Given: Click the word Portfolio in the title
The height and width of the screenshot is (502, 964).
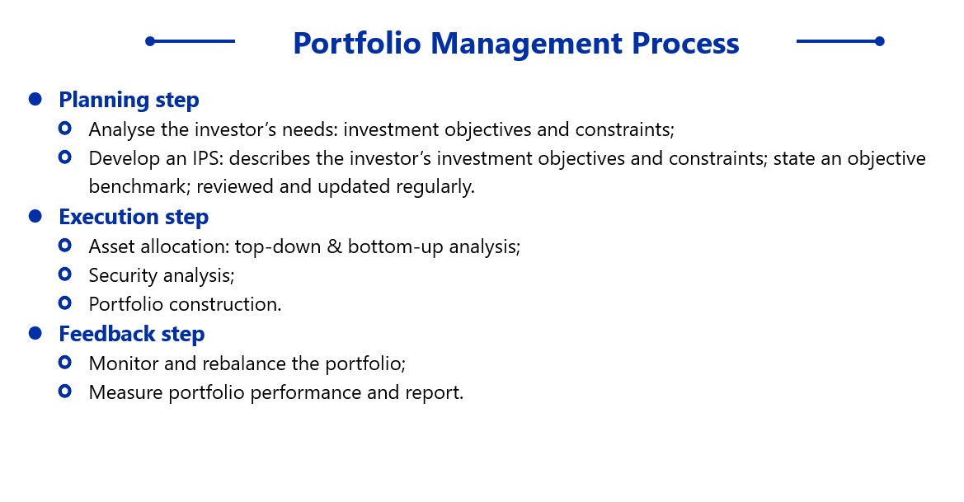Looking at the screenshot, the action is [356, 43].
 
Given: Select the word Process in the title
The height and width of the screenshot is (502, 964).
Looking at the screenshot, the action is [685, 43].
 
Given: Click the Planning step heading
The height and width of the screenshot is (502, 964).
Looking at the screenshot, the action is [129, 101].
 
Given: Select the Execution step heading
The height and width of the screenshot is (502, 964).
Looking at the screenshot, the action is [134, 217].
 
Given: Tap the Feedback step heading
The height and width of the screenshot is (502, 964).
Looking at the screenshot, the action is [132, 334].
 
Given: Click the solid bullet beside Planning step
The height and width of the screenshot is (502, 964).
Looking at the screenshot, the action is [35, 99].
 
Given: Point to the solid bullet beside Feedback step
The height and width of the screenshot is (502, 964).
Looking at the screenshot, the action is [35, 333].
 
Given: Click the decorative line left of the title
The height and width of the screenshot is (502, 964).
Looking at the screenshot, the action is [190, 41].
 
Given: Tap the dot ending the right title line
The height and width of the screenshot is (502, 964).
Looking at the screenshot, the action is [880, 41].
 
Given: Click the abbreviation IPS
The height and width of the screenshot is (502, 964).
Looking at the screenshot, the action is [208, 158].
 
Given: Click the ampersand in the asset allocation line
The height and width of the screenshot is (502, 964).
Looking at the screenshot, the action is [334, 246].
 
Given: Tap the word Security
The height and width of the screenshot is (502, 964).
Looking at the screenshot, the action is [123, 276].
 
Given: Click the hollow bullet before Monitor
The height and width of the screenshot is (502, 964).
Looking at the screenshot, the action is [64, 362].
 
